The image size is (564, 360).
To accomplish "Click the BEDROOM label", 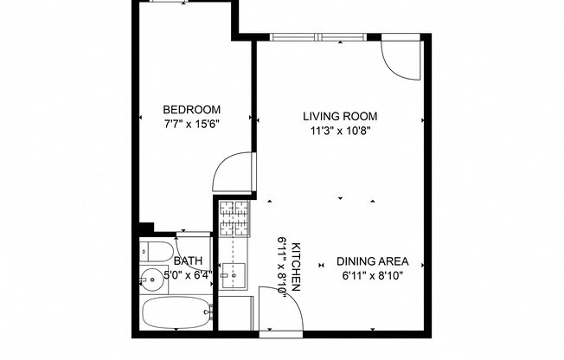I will pos(192,110).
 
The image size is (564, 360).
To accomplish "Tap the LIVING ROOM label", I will pos(340,116).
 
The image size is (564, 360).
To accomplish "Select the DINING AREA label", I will pos(372,261).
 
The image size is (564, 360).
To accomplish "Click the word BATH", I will pos(188,261).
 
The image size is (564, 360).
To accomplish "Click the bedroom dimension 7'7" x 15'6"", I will pos(192,125).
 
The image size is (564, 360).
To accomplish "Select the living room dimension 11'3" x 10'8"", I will pos(340,132).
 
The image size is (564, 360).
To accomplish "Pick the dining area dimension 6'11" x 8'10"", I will pos(372,277).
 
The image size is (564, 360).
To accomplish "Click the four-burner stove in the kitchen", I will pos(233,218).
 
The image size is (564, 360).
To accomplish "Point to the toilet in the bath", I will pos(154,252).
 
